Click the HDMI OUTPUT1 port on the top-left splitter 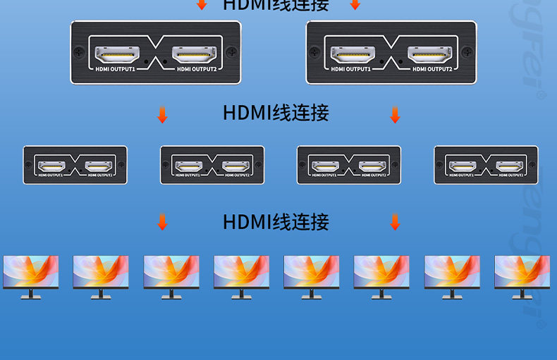pos(117,54)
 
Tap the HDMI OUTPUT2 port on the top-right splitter pos(431,54)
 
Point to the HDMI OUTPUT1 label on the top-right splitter pos(350,69)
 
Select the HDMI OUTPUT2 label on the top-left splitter pos(196,69)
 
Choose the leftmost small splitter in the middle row pos(75,165)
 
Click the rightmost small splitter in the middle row pos(486,165)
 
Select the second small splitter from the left pos(212,165)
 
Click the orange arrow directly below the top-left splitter pos(162,115)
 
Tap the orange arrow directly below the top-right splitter pos(395,115)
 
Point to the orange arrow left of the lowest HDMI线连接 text pos(162,223)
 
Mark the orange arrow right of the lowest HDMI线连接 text pos(395,223)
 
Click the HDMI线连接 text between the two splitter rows pos(276,113)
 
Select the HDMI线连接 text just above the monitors pos(276,222)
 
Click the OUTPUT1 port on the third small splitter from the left pos(326,167)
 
